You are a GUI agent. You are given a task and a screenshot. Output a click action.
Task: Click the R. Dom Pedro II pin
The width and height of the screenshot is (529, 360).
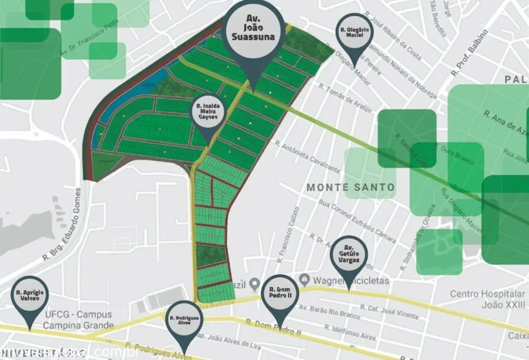(x=280, y=294)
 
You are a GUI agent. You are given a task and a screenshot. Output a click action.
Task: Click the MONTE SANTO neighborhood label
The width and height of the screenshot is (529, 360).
(x=351, y=187)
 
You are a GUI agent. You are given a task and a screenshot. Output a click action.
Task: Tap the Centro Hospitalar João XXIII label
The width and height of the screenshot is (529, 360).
(x=487, y=299)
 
